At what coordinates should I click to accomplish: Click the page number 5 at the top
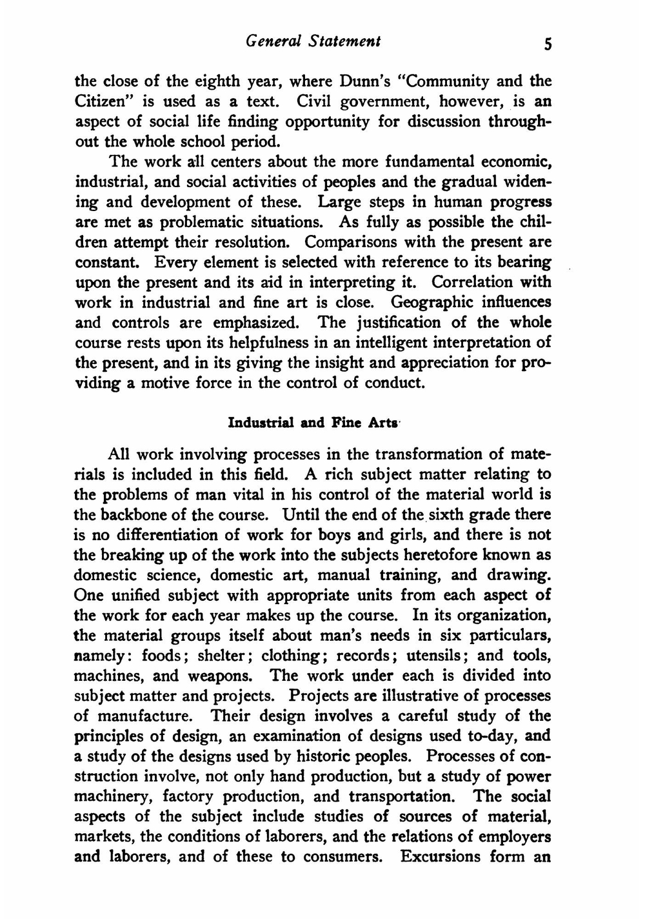click(548, 44)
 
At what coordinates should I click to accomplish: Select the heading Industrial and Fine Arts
click(313, 423)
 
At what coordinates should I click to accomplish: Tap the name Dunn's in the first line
click(352, 82)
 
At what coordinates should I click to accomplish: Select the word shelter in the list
click(223, 656)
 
